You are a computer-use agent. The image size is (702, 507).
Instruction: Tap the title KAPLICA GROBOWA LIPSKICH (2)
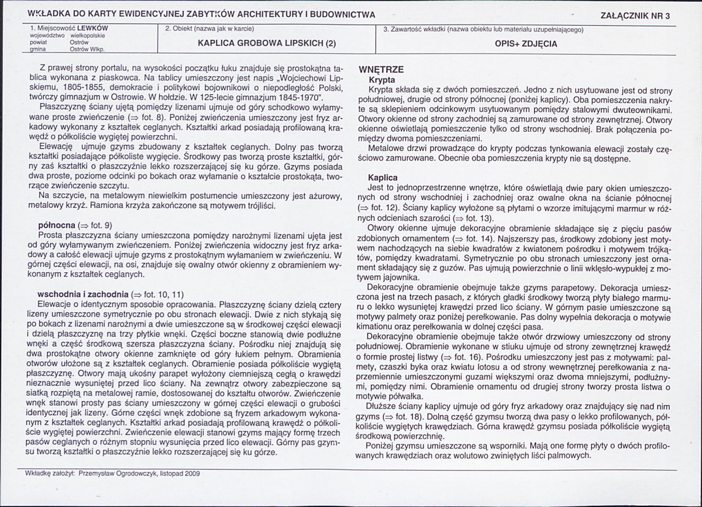point(267,43)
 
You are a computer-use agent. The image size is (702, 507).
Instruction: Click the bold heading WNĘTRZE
point(381,69)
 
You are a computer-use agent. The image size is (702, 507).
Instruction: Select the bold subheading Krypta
point(381,79)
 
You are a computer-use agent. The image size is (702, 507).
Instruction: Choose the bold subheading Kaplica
point(383,177)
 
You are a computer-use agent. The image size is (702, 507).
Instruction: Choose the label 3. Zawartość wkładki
point(417,28)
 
